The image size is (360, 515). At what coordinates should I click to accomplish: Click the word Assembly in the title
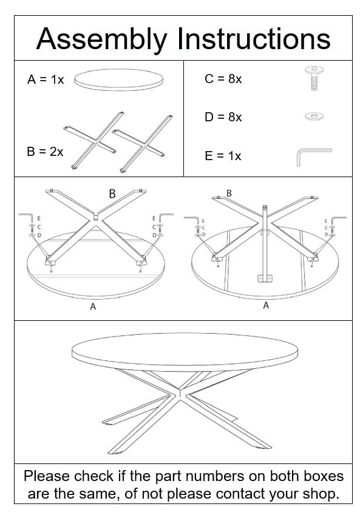click(x=101, y=39)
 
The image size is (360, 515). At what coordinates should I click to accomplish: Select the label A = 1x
click(x=46, y=79)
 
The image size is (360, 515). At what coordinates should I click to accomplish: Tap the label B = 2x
click(x=45, y=152)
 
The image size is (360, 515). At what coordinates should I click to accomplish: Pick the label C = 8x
click(x=223, y=79)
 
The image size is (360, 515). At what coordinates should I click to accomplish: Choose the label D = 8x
click(x=223, y=117)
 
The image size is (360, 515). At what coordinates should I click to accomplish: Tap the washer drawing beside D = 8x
click(x=314, y=115)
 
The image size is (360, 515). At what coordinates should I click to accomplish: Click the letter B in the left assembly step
click(x=112, y=194)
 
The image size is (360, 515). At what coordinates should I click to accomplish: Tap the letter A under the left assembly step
click(x=93, y=307)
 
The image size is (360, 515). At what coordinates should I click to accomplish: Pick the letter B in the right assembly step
click(x=229, y=193)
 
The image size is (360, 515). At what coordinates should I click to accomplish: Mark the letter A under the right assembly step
click(x=265, y=306)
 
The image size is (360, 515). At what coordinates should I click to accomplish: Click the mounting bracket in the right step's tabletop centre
click(x=264, y=278)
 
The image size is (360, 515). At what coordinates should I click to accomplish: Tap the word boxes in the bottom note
click(x=318, y=476)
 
